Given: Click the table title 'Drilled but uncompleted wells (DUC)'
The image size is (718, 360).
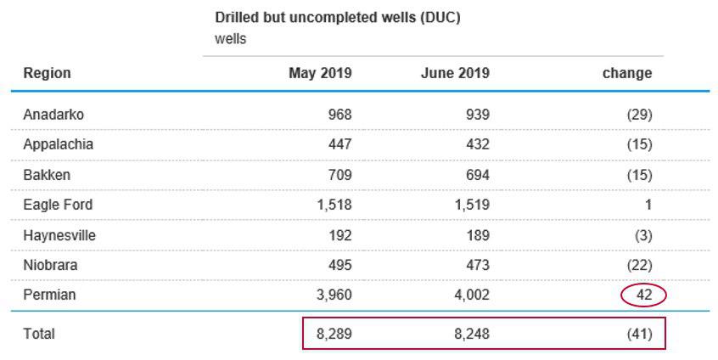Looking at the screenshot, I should click(x=338, y=17).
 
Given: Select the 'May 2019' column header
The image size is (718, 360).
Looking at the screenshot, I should click(x=320, y=73).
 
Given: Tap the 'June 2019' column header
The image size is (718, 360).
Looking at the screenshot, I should click(x=455, y=73).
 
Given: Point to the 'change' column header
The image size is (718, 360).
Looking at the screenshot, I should click(x=627, y=73).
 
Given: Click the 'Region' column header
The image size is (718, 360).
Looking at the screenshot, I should click(x=47, y=73).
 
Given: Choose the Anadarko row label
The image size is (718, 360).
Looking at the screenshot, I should click(x=53, y=115).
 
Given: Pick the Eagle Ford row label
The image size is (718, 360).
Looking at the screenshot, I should click(x=58, y=205).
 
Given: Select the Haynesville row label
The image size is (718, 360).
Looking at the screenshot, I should click(x=59, y=235).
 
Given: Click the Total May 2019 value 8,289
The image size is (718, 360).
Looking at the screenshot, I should click(x=334, y=334).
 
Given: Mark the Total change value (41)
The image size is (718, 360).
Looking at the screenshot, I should click(x=637, y=334).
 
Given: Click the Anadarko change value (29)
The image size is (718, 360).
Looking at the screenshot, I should click(x=638, y=115).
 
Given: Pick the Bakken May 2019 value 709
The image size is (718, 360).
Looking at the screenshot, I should click(x=339, y=175).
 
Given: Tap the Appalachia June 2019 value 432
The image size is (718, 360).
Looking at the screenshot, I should click(x=477, y=144).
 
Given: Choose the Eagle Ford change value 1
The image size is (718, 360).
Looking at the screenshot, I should click(x=648, y=205).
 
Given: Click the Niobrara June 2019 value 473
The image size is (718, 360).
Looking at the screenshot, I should click(x=477, y=265).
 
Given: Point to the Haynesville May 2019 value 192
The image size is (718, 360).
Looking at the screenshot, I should click(x=339, y=235).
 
